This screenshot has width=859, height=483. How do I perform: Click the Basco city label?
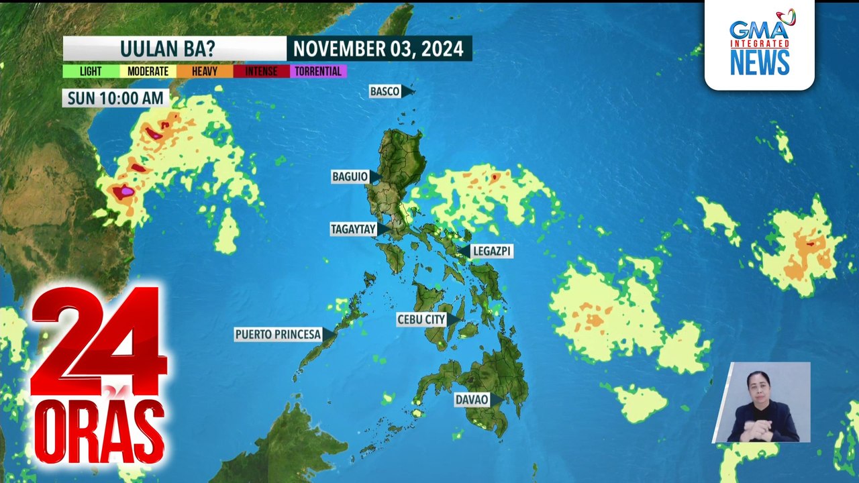tap(385, 91)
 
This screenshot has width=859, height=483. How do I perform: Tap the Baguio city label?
tap(350, 176)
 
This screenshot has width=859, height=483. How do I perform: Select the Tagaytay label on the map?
tap(353, 229)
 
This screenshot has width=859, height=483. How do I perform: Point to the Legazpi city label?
tap(492, 251)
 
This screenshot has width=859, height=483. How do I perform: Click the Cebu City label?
tap(421, 319)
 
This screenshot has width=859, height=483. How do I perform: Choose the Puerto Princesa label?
tap(278, 334)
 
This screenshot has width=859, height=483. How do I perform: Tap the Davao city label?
tap(471, 400)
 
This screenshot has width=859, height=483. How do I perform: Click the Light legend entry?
tap(91, 71)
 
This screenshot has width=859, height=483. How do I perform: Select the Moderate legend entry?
tap(148, 71)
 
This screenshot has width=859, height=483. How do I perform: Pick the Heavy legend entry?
tap(205, 71)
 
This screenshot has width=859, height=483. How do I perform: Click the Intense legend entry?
tap(261, 71)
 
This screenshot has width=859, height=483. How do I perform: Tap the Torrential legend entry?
tap(318, 71)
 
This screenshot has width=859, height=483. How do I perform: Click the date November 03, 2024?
tap(378, 48)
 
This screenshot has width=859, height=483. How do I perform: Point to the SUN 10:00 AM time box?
tap(115, 99)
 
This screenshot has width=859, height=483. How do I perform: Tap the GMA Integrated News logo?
tap(760, 44)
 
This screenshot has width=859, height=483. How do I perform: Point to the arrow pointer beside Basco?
tap(408, 91)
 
